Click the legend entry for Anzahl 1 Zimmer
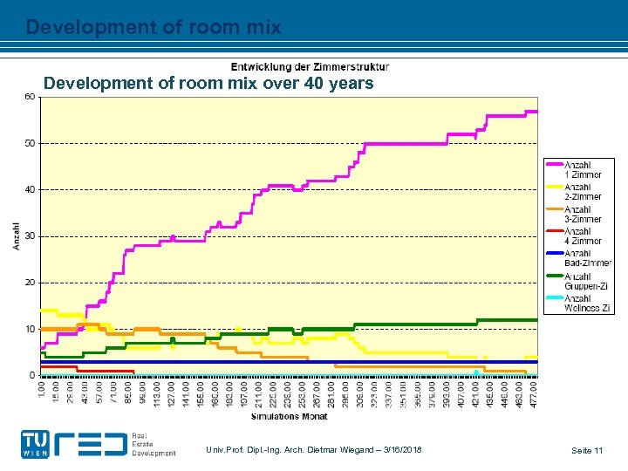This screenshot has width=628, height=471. pyautogui.click(x=581, y=169)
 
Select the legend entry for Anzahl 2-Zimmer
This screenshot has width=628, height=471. pyautogui.click(x=581, y=192)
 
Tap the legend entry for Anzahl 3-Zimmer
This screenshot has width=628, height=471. pyautogui.click(x=581, y=214)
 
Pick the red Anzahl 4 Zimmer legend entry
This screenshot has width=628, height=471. pyautogui.click(x=581, y=235)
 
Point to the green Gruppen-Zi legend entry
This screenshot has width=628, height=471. pyautogui.click(x=581, y=281)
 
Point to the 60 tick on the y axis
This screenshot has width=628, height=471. pyautogui.click(x=30, y=97)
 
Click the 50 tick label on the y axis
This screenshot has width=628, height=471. pyautogui.click(x=30, y=143)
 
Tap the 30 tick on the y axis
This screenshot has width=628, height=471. pyautogui.click(x=30, y=236)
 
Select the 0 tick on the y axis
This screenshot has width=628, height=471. pyautogui.click(x=32, y=376)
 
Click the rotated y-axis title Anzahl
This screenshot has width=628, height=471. pyautogui.click(x=16, y=235)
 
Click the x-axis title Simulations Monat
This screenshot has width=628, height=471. pyautogui.click(x=289, y=417)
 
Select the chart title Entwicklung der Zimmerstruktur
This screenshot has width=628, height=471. pyautogui.click(x=310, y=66)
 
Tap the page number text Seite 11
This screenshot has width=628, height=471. pyautogui.click(x=587, y=450)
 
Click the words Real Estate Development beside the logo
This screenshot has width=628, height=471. pyautogui.click(x=154, y=445)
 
